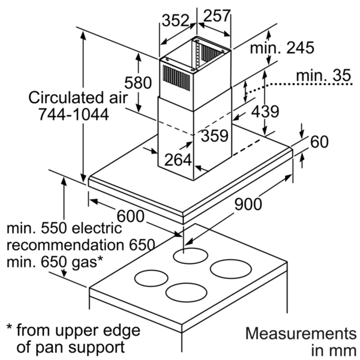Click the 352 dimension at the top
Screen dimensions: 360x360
175,20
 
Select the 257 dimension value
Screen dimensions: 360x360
217,15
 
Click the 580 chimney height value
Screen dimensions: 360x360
138,82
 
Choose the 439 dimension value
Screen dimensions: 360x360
265,112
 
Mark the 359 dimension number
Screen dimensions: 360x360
215,136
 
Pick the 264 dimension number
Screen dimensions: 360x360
178,160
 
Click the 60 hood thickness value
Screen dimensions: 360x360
319,142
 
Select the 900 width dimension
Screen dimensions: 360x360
248,204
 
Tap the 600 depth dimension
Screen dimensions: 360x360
131,216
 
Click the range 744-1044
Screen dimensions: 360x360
73,115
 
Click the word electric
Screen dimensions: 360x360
97,228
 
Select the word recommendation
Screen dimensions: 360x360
65,245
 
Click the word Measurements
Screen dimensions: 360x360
301,334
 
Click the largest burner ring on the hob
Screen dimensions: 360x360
231,269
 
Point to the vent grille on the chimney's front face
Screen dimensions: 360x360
176,78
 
